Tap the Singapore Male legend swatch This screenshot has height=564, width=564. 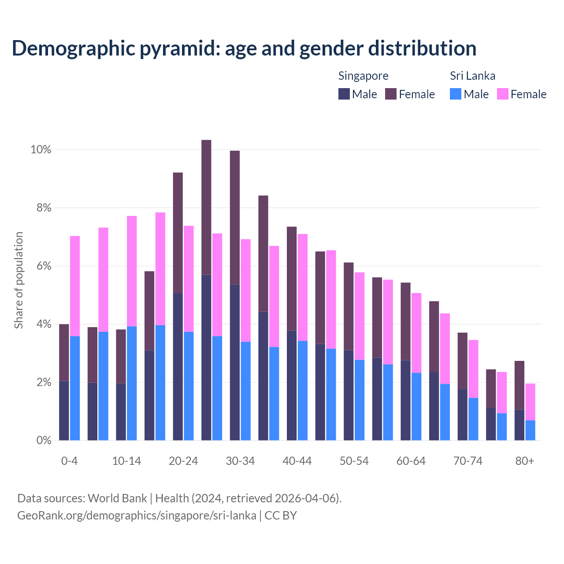click(x=344, y=94)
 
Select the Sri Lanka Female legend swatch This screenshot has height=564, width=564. click(x=503, y=94)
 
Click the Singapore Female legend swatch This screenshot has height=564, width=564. click(x=391, y=94)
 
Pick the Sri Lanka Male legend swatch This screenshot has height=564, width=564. click(x=456, y=94)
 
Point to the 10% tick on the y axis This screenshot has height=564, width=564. click(x=41, y=150)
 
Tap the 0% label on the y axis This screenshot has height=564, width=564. click(x=44, y=440)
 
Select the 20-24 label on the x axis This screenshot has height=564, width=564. click(x=183, y=461)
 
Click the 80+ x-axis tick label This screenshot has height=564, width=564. click(x=525, y=461)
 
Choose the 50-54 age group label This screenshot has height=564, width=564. click(x=354, y=461)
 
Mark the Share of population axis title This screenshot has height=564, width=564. click(x=19, y=280)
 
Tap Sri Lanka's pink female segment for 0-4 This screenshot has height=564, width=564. click(x=75, y=286)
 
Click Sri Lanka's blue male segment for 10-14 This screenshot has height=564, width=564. click(x=132, y=383)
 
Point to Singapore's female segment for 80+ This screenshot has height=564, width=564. click(x=519, y=385)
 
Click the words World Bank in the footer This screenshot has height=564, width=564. click(x=118, y=498)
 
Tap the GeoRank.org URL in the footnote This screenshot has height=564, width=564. click(x=137, y=516)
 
